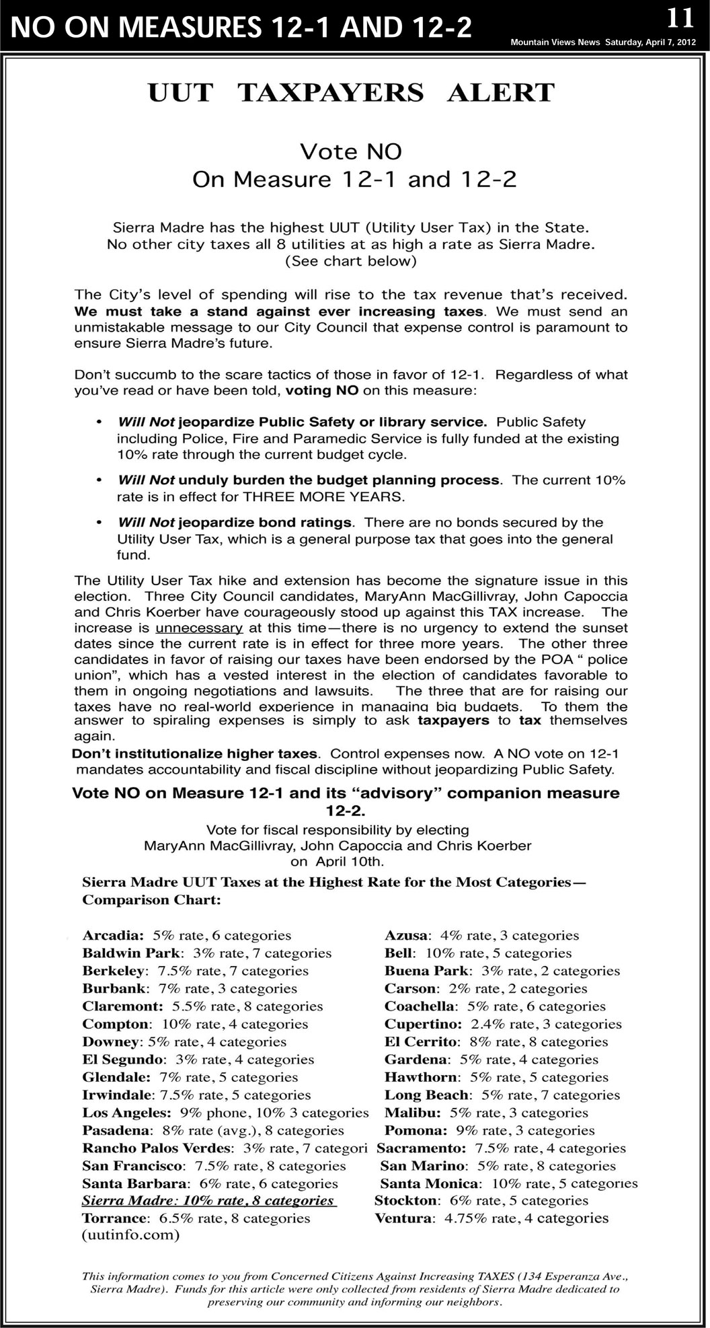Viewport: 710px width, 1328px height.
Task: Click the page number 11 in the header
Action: pyautogui.click(x=680, y=18)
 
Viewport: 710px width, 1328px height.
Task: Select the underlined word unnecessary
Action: pyautogui.click(x=199, y=628)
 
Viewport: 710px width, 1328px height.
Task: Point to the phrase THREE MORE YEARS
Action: pyautogui.click(x=324, y=497)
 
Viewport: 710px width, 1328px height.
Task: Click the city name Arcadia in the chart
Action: pyautogui.click(x=112, y=935)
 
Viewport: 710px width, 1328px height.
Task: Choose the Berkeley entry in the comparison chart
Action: pyautogui.click(x=195, y=971)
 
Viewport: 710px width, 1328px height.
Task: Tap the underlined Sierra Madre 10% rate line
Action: pyautogui.click(x=208, y=1201)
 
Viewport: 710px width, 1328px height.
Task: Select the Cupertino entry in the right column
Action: pyautogui.click(x=503, y=1024)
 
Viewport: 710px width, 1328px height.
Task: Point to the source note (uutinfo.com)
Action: pyautogui.click(x=130, y=1235)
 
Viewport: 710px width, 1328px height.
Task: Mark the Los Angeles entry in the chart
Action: pyautogui.click(x=225, y=1113)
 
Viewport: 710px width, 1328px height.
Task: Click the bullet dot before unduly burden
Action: pyautogui.click(x=100, y=480)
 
